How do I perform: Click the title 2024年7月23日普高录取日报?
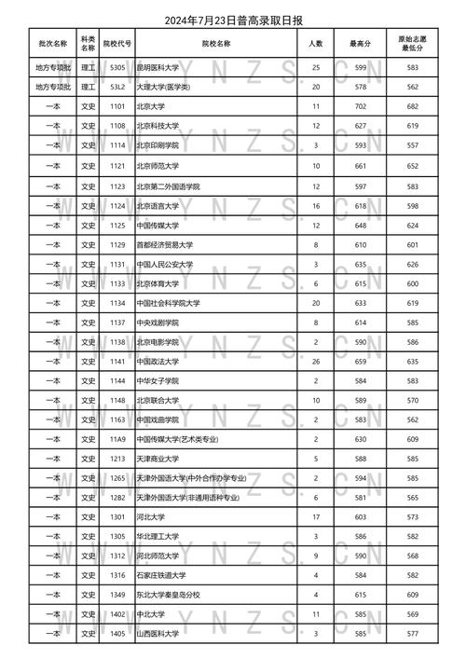pyautogui.click(x=233, y=21)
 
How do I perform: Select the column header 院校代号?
pyautogui.click(x=117, y=43)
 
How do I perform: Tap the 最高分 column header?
pyautogui.click(x=359, y=43)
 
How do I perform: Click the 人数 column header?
pyautogui.click(x=316, y=43)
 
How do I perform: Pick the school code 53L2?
pyautogui.click(x=117, y=86)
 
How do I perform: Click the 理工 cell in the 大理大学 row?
pyautogui.click(x=88, y=86)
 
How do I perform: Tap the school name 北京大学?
pyautogui.click(x=150, y=108)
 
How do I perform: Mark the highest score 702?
pyautogui.click(x=359, y=108)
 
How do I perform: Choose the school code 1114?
pyautogui.click(x=117, y=144)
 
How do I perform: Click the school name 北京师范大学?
pyautogui.click(x=159, y=166)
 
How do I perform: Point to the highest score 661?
pyautogui.click(x=359, y=166)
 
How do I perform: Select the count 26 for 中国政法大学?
pyautogui.click(x=316, y=360)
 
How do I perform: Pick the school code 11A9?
pyautogui.click(x=117, y=439)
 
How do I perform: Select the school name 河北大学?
pyautogui.click(x=150, y=515)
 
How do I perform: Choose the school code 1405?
pyautogui.click(x=117, y=635)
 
